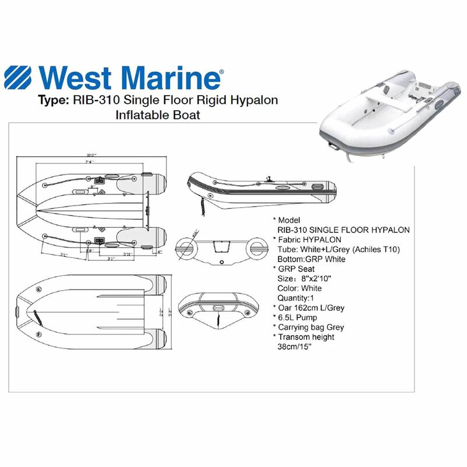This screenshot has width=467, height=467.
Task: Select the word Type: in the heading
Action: [x=53, y=100]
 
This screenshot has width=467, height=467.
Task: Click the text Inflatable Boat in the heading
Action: [x=159, y=115]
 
